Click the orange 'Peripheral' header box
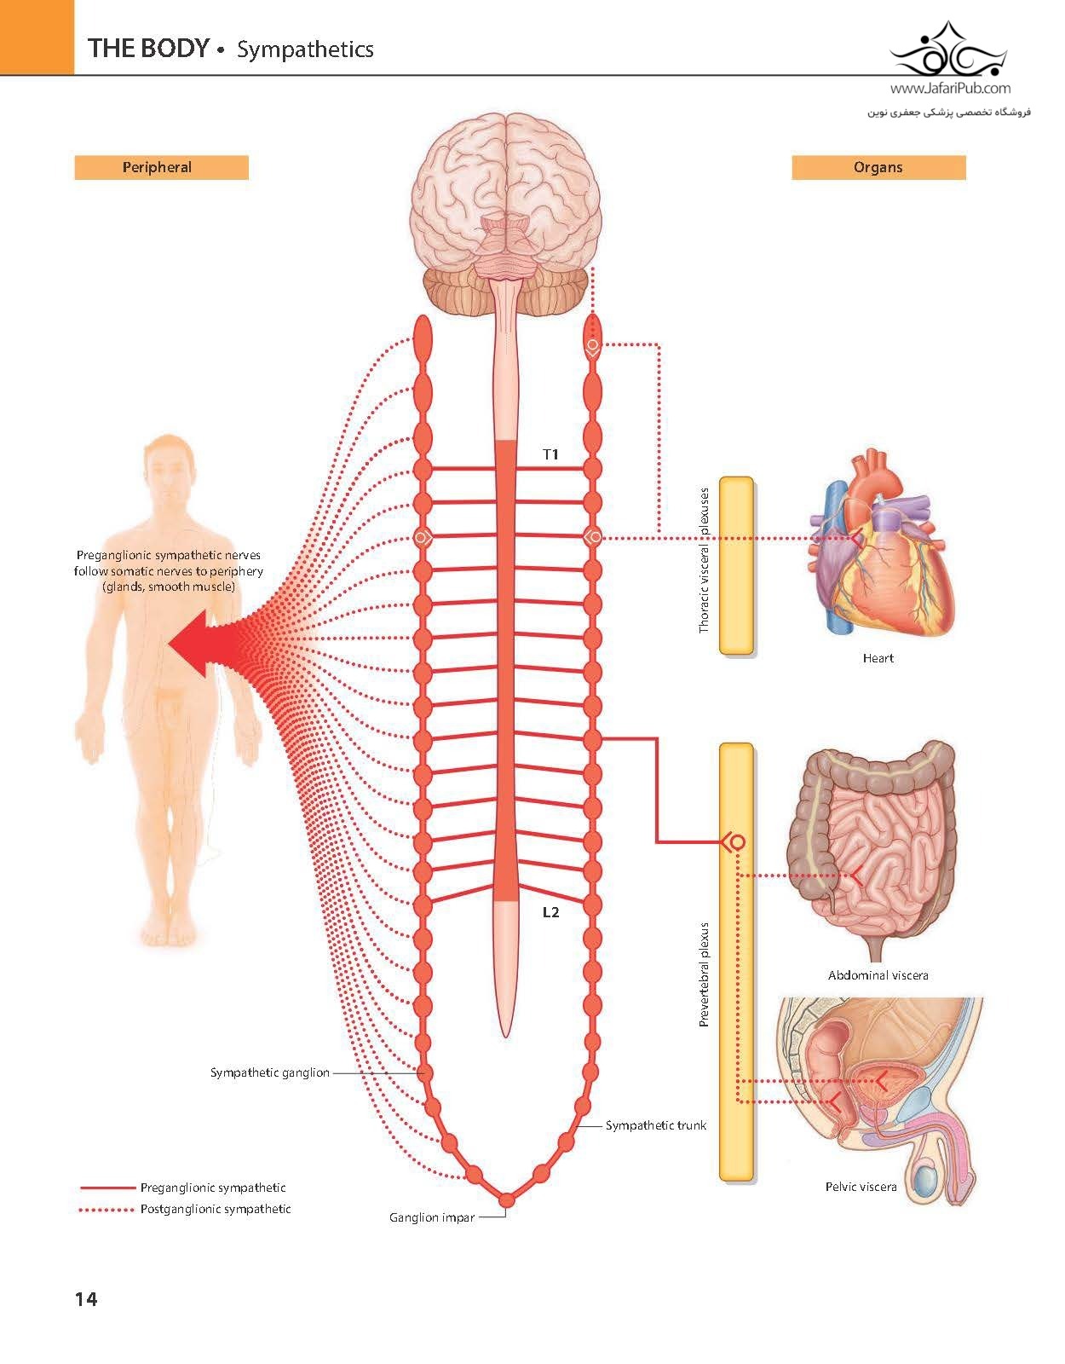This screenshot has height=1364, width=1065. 162,167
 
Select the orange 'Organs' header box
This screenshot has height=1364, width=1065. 878,167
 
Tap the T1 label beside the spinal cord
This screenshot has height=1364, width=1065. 551,454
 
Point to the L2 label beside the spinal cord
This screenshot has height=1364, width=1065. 551,912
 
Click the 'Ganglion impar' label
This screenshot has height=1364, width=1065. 432,1217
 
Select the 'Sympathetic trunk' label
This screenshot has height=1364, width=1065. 656,1125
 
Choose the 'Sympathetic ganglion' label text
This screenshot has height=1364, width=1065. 270,1072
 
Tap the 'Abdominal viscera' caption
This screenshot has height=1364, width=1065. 878,975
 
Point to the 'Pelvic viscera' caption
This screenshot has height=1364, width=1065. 861,1187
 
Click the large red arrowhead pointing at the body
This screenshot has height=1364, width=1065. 198,644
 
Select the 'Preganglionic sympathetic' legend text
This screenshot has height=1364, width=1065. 213,1188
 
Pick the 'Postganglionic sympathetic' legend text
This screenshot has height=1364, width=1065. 216,1209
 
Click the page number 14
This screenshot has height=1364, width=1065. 86,1299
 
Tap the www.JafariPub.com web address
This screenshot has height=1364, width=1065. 951,88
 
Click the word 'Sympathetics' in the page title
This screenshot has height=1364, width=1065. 305,49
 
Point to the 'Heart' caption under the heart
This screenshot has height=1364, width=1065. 878,658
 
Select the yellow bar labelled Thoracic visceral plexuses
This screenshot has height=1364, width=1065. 737,566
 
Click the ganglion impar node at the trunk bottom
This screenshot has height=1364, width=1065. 506,1200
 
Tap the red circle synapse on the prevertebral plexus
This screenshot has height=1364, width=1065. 737,842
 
